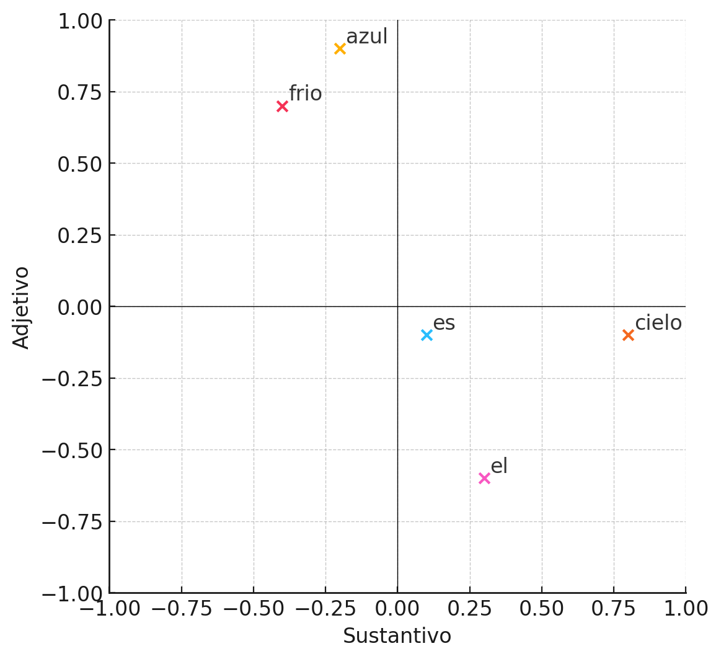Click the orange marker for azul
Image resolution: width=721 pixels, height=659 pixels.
pos(340,49)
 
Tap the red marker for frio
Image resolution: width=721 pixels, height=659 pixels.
pos(282,107)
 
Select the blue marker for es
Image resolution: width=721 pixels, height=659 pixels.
pos(427,335)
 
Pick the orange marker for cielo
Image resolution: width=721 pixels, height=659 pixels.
pos(628,335)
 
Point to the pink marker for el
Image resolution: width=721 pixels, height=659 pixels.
pos(484,479)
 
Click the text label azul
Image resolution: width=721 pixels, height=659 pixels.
pos(366,37)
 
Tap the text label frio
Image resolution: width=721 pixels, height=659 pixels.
pos(305,94)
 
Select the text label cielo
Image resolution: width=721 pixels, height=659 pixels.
pos(658,324)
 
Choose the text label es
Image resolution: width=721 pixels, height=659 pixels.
pos(444,324)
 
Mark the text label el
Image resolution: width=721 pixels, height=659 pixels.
pos(499,467)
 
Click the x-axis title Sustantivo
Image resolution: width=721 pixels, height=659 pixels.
pos(397,637)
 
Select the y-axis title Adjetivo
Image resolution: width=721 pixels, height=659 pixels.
pos(22,307)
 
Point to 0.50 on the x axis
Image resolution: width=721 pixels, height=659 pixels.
pos(542,609)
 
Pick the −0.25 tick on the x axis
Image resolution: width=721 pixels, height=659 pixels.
pos(325,609)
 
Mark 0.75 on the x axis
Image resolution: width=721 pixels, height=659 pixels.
pos(614,609)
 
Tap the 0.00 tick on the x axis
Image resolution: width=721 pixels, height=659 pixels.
pos(397,609)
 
